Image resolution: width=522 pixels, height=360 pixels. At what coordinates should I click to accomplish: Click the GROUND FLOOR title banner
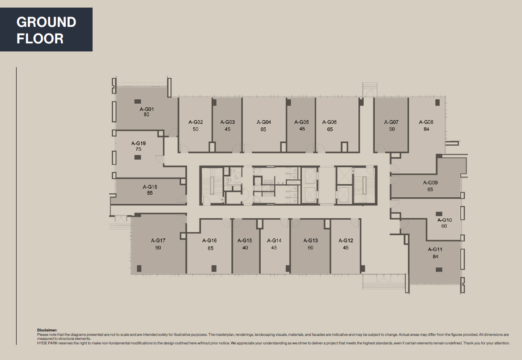pyautogui.click(x=46, y=30)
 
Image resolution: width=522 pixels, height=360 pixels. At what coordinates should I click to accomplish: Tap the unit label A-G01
pyautogui.click(x=146, y=109)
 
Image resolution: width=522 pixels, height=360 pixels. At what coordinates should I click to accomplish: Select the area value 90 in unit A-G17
pyautogui.click(x=158, y=247)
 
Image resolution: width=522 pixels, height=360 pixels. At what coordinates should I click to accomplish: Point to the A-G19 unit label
pyautogui.click(x=138, y=144)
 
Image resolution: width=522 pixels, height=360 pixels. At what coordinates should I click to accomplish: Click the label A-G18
pyautogui.click(x=150, y=187)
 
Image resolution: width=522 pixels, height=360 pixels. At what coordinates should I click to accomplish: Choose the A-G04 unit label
pyautogui.click(x=263, y=122)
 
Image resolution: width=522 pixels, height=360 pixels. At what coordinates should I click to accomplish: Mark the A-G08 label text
pyautogui.click(x=426, y=122)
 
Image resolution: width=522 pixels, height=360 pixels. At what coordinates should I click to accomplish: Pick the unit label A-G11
pyautogui.click(x=435, y=250)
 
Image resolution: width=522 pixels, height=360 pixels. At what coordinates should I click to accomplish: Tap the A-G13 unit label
pyautogui.click(x=310, y=241)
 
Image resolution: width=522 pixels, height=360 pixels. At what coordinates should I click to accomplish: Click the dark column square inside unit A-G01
pyautogui.click(x=137, y=101)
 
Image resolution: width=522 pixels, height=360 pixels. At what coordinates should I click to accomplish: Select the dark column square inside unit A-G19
pyautogui.click(x=137, y=157)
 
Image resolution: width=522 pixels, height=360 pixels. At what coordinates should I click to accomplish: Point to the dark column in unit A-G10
pyautogui.click(x=438, y=214)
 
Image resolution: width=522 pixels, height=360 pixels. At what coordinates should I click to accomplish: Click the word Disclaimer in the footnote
pyautogui.click(x=47, y=330)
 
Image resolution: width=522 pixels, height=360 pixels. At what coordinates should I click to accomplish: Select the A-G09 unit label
pyautogui.click(x=430, y=182)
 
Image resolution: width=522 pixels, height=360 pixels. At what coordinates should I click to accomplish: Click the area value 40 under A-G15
pyautogui.click(x=245, y=247)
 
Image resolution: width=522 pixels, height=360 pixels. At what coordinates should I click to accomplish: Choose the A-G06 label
pyautogui.click(x=329, y=122)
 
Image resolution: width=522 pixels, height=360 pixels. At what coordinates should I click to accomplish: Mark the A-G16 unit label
pyautogui.click(x=209, y=241)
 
